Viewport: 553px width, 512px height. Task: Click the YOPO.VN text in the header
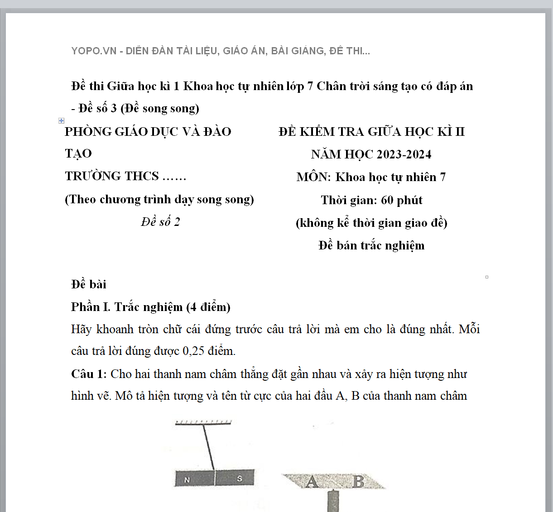point(94,51)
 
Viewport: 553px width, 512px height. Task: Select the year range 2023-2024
point(404,154)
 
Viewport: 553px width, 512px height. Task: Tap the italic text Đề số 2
point(160,222)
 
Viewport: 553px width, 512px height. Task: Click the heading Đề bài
point(89,284)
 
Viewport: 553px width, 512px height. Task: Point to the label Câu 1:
point(89,374)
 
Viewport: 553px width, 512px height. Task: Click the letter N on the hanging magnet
point(187,480)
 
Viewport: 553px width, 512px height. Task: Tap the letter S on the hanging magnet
point(239,479)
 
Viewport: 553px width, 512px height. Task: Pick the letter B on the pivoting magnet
point(358,481)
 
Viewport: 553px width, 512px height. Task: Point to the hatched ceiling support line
point(203,422)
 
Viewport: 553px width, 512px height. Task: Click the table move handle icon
point(61,120)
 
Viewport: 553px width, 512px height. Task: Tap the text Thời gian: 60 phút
point(371,200)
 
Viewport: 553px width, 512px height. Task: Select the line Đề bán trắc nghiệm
point(371,245)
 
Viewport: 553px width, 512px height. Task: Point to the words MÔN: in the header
point(314,177)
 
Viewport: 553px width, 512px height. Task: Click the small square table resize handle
point(487,277)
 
